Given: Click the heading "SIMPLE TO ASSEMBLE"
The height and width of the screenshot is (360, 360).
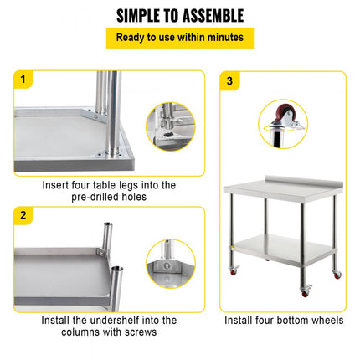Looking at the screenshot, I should point(179,15).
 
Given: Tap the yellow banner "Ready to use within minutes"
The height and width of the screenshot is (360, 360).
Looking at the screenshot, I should point(179,38).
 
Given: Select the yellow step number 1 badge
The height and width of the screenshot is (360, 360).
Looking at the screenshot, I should point(23,80).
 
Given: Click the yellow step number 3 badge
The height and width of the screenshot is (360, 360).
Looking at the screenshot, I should point(230,80).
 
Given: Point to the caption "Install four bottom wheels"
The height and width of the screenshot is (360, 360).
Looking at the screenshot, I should point(282,320).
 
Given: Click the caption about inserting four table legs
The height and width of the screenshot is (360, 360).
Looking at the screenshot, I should point(109,190).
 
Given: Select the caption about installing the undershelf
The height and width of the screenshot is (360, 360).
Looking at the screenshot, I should point(109,326).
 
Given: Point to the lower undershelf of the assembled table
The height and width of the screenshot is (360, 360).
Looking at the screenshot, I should point(285,248).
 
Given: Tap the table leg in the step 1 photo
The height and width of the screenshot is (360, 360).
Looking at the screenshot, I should point(107,109).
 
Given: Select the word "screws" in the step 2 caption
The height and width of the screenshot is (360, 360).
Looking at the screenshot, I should point(139,332).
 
